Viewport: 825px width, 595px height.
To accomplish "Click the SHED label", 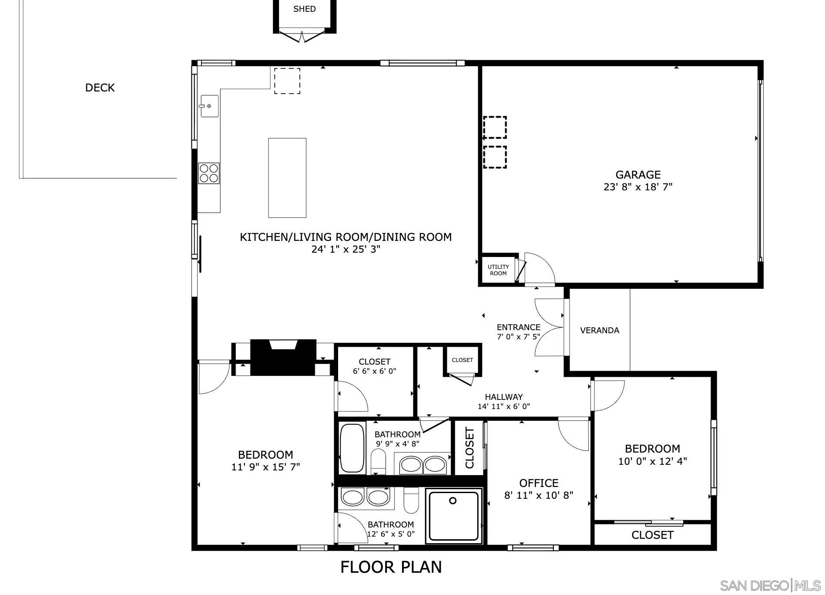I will [304, 9].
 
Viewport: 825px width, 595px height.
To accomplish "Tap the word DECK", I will [100, 88].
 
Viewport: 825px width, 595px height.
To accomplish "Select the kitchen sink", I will [209, 106].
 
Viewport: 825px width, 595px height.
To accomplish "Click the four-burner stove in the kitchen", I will [209, 173].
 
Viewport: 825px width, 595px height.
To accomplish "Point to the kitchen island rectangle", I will [287, 178].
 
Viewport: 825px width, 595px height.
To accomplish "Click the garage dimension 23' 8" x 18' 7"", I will [638, 187].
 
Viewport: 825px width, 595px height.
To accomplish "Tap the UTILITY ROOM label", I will [498, 270].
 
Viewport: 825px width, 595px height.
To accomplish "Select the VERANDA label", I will [599, 331].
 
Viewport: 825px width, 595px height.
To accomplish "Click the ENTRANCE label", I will [518, 328].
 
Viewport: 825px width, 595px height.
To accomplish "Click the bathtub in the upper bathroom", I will [352, 448].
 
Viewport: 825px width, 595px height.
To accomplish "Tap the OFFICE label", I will [539, 483].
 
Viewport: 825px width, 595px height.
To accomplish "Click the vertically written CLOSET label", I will [470, 448].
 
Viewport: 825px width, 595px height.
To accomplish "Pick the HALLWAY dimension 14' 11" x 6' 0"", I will [503, 407].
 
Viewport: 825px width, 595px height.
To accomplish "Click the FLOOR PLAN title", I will [391, 568].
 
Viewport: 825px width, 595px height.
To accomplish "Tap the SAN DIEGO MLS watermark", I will [770, 585].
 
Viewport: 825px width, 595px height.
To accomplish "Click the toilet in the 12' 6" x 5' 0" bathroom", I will [411, 500].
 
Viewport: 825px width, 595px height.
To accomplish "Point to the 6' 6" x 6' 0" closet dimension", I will [374, 372].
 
